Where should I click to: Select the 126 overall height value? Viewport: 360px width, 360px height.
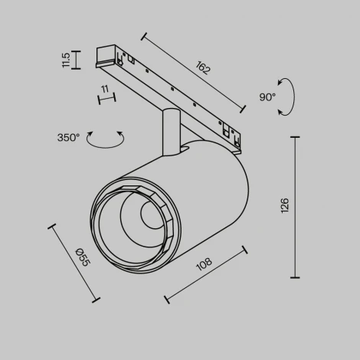[x=285, y=205]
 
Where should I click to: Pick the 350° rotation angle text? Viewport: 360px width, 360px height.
[x=68, y=138]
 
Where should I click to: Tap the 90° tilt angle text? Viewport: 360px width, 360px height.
[x=267, y=97]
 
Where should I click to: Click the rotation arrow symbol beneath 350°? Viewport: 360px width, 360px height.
[x=105, y=139]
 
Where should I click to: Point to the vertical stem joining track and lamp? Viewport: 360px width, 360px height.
[x=170, y=134]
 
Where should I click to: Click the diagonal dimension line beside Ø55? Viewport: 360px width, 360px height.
[x=74, y=263]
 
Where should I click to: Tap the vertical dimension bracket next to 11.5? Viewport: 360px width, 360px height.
[x=77, y=60]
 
